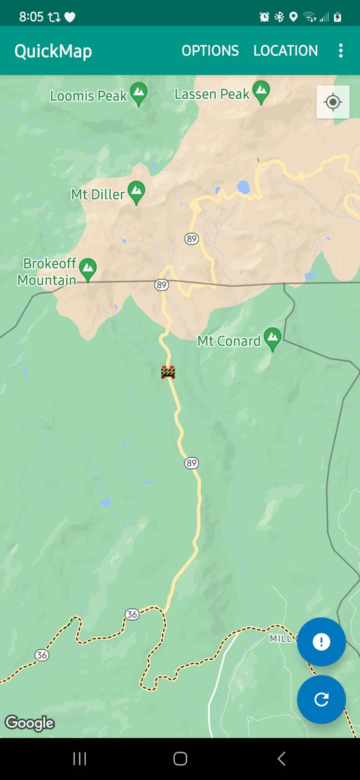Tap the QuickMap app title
tap(53, 51)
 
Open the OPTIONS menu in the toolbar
tap(210, 51)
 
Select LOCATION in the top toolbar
tap(286, 51)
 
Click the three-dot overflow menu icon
tap(341, 51)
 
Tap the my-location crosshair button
tap(333, 102)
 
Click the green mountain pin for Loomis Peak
tap(138, 94)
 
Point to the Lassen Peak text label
tap(212, 94)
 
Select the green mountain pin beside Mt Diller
tap(136, 193)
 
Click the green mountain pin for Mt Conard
tap(273, 339)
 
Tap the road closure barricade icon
tap(168, 372)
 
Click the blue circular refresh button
tap(321, 699)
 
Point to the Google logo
tap(29, 723)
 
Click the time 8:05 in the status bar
tap(31, 17)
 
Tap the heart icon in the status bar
tap(70, 17)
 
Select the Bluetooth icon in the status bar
tap(279, 17)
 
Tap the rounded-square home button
tap(180, 759)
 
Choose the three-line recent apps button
tap(80, 759)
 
